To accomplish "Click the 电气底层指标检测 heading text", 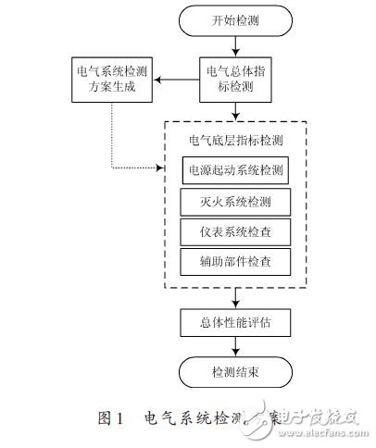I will [235, 142].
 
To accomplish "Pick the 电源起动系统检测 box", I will [235, 171].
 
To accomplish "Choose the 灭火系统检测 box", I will [235, 201].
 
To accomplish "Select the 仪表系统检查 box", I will [235, 230].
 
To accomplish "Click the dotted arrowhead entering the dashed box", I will [161, 169].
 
